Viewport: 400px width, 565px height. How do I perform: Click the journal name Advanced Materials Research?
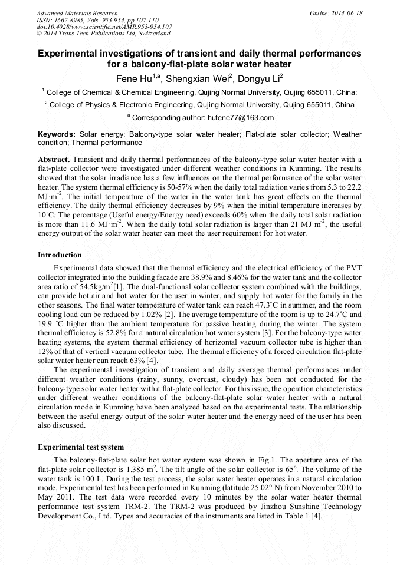coord(77,13)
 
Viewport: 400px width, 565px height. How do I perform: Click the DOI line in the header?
coord(104,27)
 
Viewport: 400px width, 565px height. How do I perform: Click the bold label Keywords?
coord(57,134)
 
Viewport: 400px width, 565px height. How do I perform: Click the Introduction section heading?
coord(60,255)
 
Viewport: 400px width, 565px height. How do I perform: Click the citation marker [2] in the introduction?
coord(171,315)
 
